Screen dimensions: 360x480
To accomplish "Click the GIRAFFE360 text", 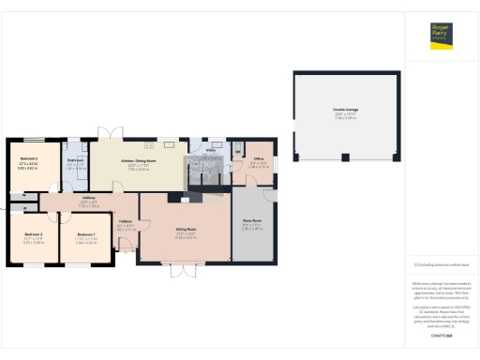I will [442, 335].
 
